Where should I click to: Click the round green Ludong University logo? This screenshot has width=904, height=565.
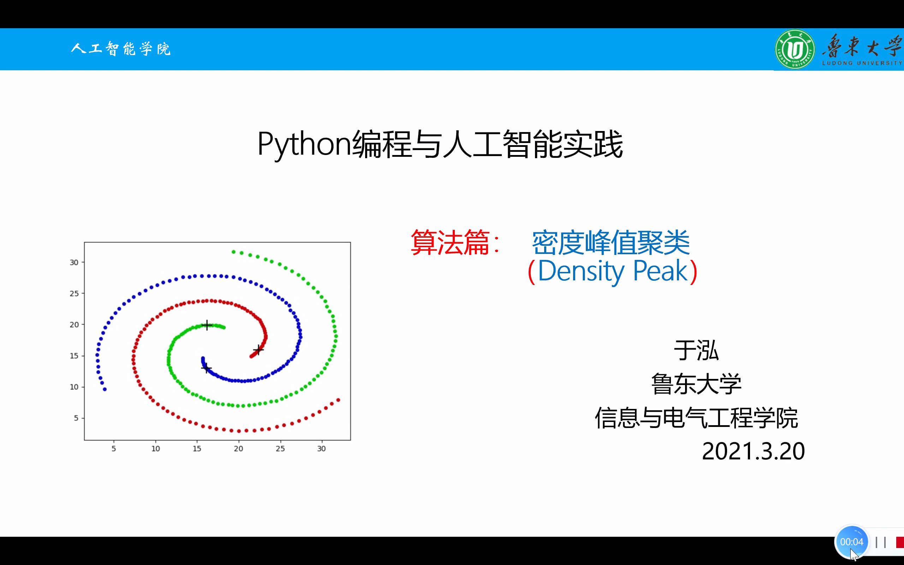tap(795, 49)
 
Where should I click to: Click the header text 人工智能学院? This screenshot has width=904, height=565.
tap(121, 49)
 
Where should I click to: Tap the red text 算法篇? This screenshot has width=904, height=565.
tap(450, 243)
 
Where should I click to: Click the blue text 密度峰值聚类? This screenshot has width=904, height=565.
tap(611, 243)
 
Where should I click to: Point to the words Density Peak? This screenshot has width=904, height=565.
tap(613, 271)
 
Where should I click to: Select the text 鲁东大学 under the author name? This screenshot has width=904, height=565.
tap(696, 384)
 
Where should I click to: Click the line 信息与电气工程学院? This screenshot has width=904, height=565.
tap(696, 417)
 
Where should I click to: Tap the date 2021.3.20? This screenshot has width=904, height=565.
tap(753, 451)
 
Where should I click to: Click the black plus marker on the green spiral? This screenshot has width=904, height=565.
tap(207, 325)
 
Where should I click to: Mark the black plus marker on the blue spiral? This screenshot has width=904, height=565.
tap(206, 368)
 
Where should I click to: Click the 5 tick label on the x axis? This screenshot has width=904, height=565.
tap(114, 448)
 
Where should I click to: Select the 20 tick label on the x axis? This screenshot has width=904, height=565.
tap(238, 448)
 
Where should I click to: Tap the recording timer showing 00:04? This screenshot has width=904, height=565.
tap(852, 542)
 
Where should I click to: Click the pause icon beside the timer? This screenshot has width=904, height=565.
tap(880, 542)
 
